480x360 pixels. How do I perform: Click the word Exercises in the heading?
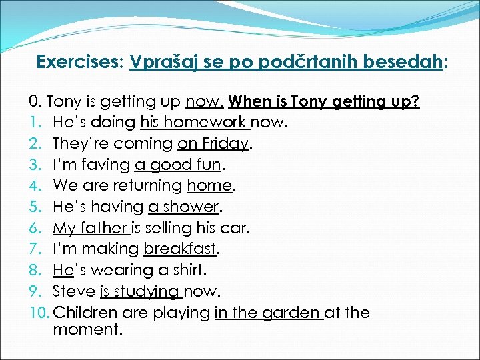click(x=76, y=62)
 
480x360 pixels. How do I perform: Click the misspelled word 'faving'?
click(x=107, y=165)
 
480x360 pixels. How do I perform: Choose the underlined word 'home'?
click(x=209, y=185)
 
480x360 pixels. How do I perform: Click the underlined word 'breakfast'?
click(x=180, y=249)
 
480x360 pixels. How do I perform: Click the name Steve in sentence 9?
click(x=74, y=291)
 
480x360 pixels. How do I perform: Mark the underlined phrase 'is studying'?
click(x=139, y=291)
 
